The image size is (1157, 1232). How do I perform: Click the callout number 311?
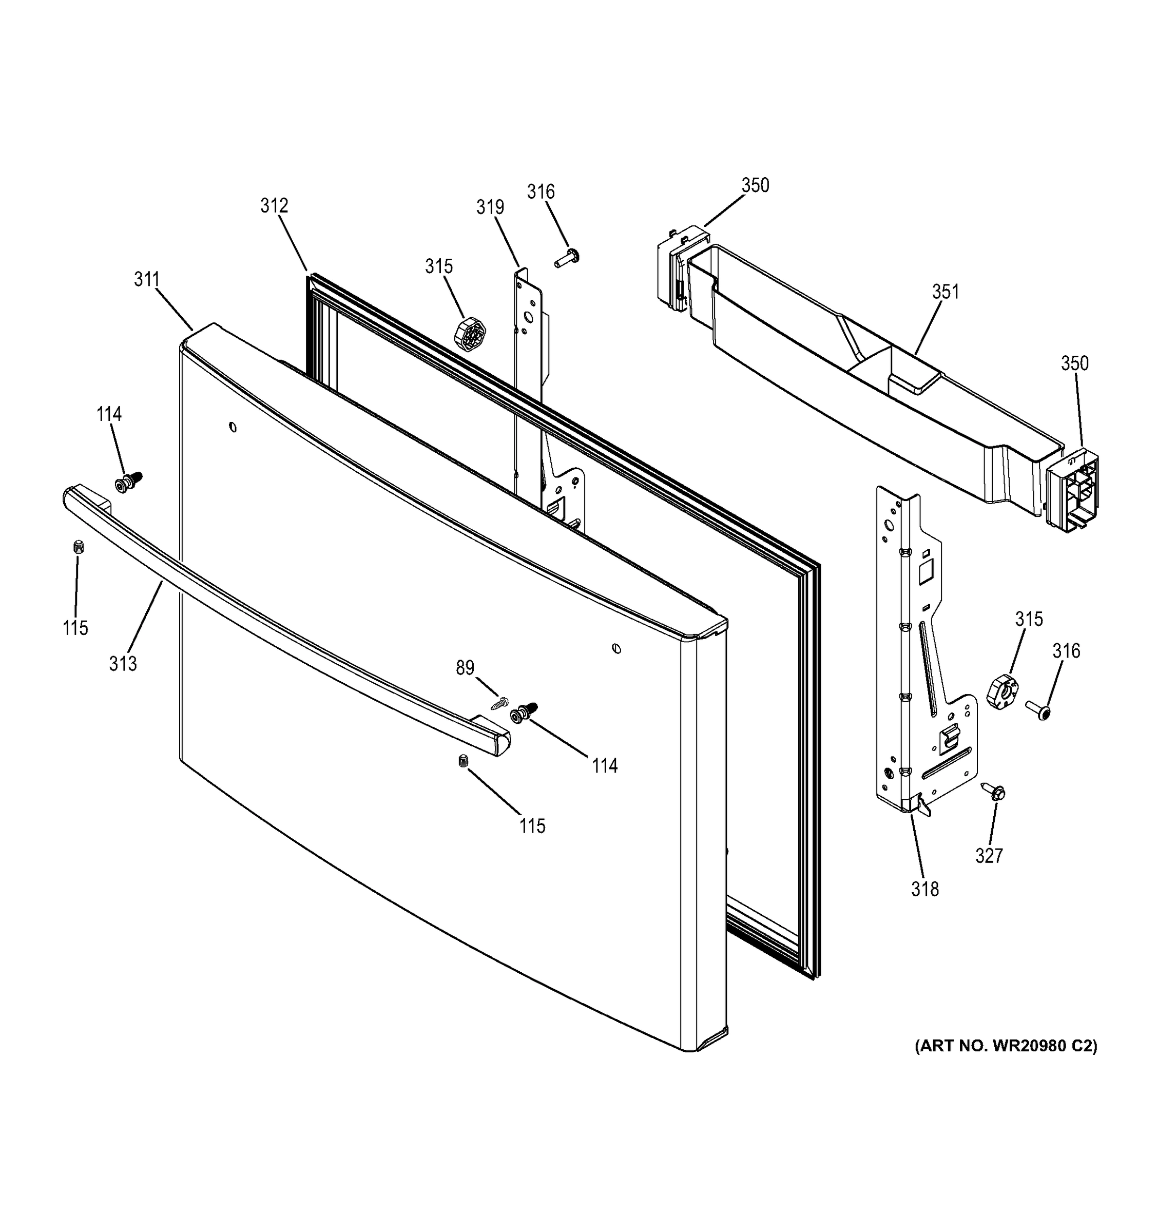[x=147, y=280]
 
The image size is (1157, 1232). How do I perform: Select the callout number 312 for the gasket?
[x=274, y=206]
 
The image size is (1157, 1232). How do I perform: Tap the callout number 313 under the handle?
[x=123, y=664]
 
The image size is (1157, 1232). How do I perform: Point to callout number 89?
[x=465, y=667]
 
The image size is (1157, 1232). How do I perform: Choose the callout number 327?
[x=989, y=856]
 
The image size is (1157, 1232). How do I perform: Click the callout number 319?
[x=490, y=207]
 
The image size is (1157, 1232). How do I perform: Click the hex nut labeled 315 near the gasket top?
[x=470, y=336]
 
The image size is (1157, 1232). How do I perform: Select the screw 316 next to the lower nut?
[x=1038, y=711]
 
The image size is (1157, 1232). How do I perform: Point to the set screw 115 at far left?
[x=78, y=547]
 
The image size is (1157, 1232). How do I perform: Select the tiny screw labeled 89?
[x=499, y=704]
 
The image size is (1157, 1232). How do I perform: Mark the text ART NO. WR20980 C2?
[x=1006, y=1046]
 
